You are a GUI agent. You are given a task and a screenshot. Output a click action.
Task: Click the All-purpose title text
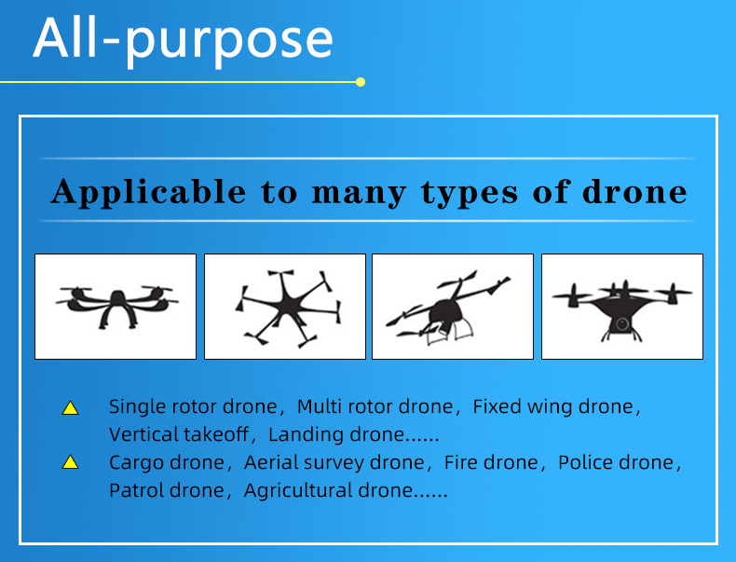pos(183,41)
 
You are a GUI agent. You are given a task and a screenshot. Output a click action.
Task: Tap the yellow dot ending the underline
pos(361,82)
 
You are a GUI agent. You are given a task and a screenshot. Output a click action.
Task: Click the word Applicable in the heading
pos(148,192)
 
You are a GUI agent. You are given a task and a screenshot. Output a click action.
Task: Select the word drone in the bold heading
pos(634,192)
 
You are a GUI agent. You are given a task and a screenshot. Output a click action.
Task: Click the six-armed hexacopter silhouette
pos(287,308)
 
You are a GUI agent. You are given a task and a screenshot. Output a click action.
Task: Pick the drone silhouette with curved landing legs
pos(117,306)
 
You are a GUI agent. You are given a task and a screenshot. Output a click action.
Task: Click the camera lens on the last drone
pos(622,324)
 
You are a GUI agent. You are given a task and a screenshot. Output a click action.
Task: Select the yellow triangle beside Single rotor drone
pos(71,408)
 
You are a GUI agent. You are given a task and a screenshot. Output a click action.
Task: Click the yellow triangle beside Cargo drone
pos(71,462)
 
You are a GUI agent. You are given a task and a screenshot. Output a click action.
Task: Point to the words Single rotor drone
pos(193,406)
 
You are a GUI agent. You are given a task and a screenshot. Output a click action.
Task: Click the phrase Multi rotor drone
pos(375,406)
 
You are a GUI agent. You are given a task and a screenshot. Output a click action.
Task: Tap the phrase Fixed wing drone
pos(553,406)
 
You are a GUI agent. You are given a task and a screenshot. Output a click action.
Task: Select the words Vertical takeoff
pos(179,434)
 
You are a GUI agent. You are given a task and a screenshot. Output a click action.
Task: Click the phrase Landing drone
pos(336,434)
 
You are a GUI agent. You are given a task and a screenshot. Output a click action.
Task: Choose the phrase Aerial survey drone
pos(334,462)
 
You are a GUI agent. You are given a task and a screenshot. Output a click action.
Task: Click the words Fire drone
pos(491,462)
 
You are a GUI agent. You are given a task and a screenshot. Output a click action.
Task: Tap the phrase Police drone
pos(616,462)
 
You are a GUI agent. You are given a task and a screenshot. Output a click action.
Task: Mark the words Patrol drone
pos(167,490)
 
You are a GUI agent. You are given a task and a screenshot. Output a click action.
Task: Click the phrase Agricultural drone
pos(328,490)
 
